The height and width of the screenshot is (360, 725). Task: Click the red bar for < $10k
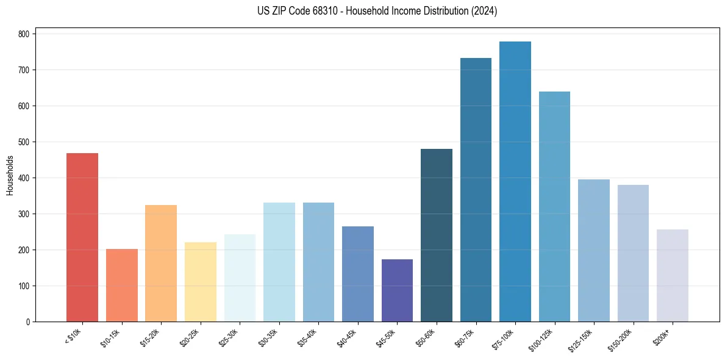pos(82,237)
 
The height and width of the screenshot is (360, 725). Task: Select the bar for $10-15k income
pos(121,285)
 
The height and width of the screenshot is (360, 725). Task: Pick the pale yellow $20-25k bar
pos(200,282)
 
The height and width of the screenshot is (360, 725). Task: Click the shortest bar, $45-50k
pos(397,290)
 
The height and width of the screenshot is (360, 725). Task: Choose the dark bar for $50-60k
pos(437,235)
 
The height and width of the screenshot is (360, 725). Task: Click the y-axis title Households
pos(10,175)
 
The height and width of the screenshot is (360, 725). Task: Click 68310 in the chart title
pos(323,11)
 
